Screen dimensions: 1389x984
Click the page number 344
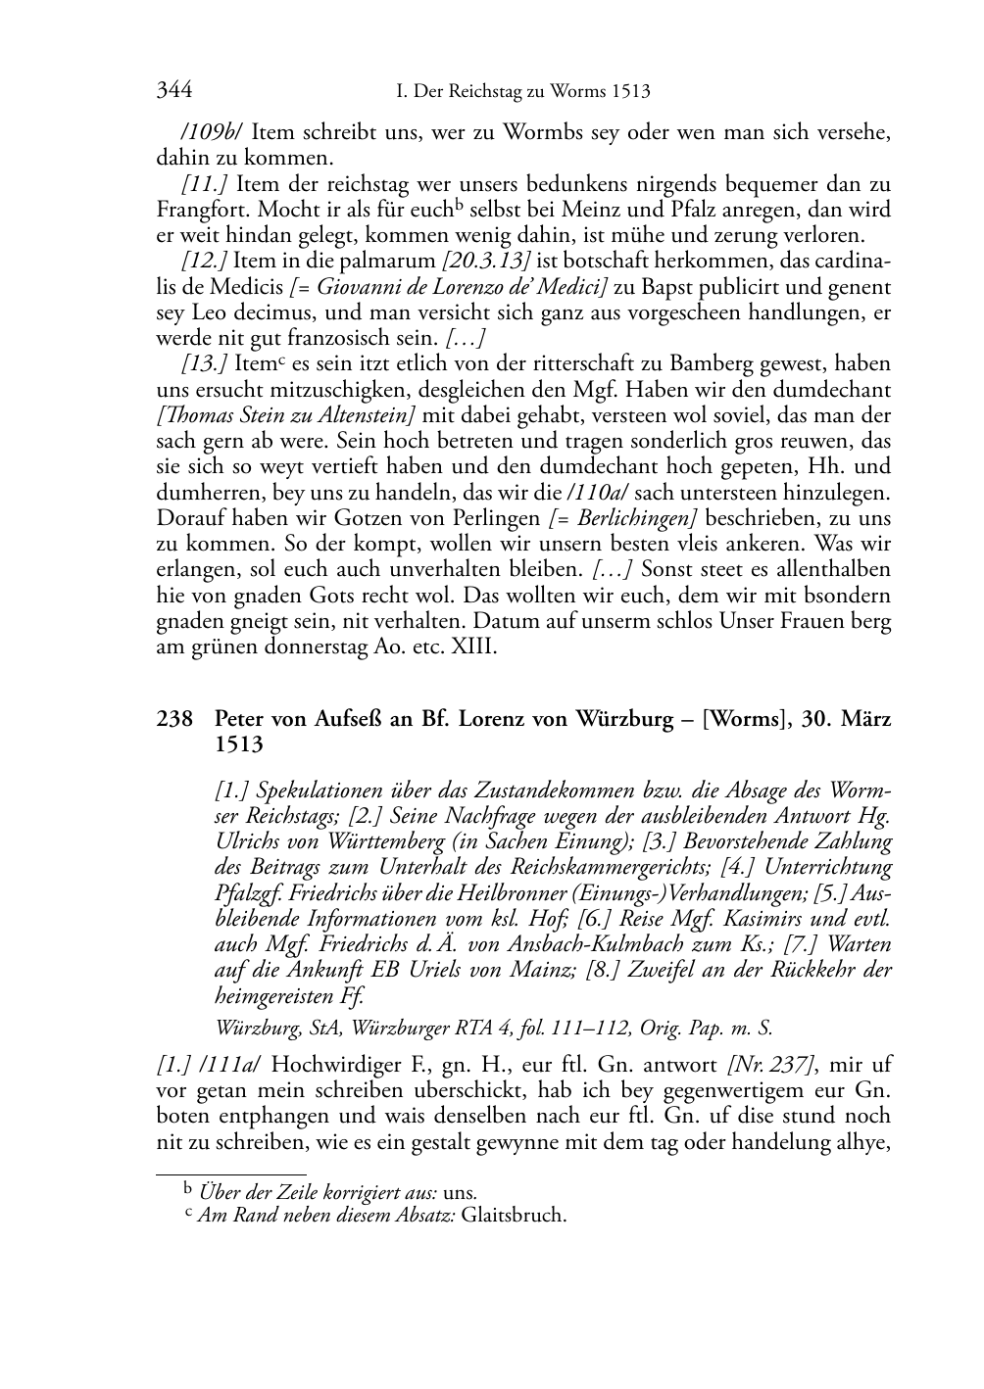(x=173, y=92)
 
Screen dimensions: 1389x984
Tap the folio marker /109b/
(x=203, y=133)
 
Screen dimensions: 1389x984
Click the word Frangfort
(x=196, y=210)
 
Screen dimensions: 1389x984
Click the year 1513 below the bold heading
(x=239, y=744)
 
